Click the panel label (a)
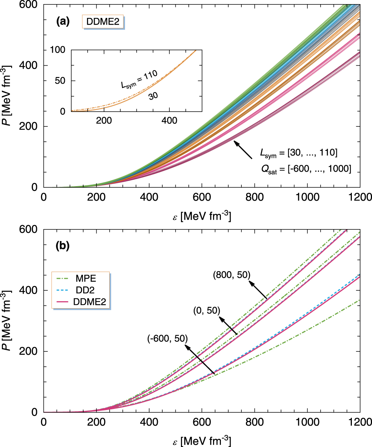click(x=63, y=22)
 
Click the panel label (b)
click(x=63, y=247)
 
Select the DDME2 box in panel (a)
click(x=103, y=22)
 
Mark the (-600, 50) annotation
click(x=167, y=338)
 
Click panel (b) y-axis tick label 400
click(x=31, y=290)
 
